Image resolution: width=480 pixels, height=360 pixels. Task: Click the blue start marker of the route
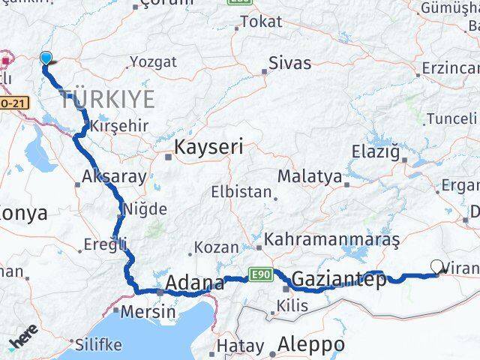(46, 58)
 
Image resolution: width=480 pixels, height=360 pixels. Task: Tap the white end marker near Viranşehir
(438, 265)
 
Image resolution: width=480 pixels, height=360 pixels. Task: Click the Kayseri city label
(208, 147)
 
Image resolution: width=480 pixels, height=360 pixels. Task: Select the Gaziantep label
(339, 280)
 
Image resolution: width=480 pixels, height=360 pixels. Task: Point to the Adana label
(194, 283)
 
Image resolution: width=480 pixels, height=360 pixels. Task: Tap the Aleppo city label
(311, 344)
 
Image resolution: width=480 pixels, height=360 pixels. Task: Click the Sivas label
(289, 63)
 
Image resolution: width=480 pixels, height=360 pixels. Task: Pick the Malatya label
(309, 176)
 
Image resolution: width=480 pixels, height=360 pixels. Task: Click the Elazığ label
(375, 152)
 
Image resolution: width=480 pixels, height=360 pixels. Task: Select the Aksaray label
(104, 178)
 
